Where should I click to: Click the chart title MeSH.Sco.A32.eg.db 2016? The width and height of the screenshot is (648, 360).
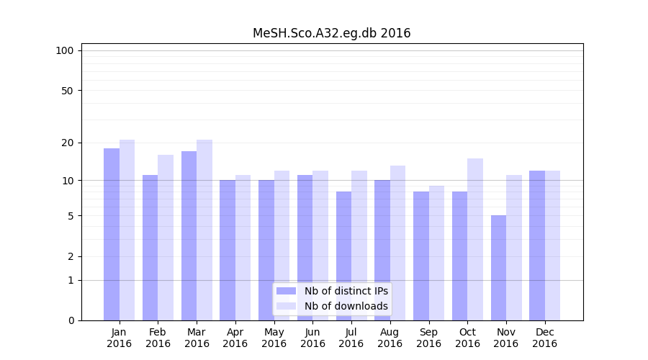331,33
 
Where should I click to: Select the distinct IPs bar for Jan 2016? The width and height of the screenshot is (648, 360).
112,234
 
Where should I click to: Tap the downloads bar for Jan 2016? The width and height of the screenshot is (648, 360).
127,230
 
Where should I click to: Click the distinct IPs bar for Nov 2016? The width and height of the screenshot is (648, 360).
498,268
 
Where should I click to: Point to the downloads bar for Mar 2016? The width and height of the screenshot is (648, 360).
204,230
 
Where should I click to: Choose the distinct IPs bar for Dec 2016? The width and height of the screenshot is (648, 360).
537,246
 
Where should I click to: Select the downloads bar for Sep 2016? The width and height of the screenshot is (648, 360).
436,253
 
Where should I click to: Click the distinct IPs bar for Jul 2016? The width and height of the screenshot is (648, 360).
343,256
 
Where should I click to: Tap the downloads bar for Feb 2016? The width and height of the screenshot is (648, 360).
166,238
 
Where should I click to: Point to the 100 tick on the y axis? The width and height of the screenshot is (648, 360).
65,50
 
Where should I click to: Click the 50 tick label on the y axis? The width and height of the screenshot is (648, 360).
67,91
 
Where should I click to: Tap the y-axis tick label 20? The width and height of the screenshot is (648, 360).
67,143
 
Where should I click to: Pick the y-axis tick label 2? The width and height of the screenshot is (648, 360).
70,256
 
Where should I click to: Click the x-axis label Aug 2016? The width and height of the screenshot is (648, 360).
390,338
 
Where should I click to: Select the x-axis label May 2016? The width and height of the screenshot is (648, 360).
274,338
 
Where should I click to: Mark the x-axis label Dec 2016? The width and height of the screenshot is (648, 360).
544,338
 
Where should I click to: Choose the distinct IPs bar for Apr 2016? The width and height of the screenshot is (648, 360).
228,250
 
